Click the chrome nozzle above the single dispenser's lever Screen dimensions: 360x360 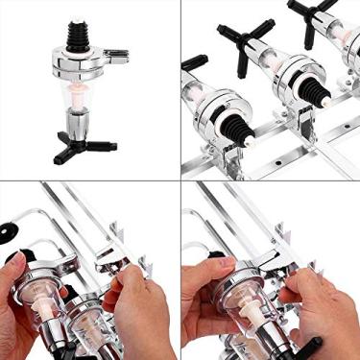[x=79, y=121]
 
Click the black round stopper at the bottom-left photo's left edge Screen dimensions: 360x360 [x=7, y=229]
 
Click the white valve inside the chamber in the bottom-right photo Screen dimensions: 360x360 [x=252, y=313]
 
